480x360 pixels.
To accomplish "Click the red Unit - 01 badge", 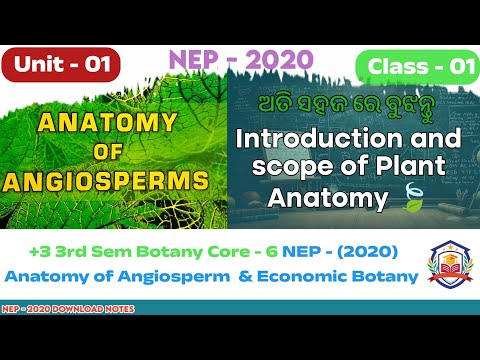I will pos(62,66).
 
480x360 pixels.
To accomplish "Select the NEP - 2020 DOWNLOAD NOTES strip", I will pos(68,308).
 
